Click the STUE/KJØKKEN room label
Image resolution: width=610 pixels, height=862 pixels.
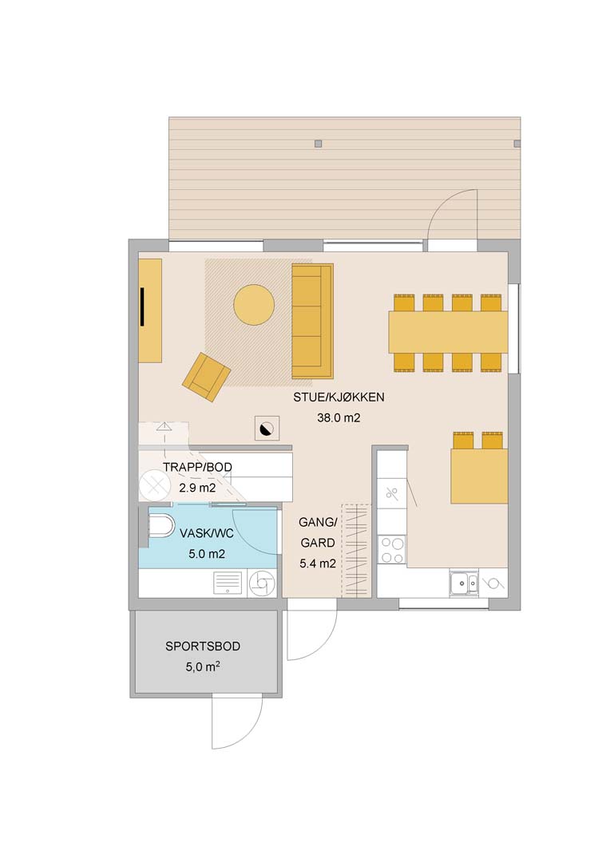pyautogui.click(x=339, y=397)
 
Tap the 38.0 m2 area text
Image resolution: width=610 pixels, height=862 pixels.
pyautogui.click(x=339, y=417)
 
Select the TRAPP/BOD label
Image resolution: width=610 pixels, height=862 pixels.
pyautogui.click(x=197, y=467)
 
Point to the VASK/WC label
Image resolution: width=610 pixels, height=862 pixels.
pyautogui.click(x=207, y=533)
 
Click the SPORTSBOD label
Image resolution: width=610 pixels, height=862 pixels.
pyautogui.click(x=203, y=646)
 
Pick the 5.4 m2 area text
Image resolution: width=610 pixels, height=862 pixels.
pyautogui.click(x=318, y=563)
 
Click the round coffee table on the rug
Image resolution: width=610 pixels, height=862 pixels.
pyautogui.click(x=254, y=305)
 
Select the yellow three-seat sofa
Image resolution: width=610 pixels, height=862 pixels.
pyautogui.click(x=312, y=322)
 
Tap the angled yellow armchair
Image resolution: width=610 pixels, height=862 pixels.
pyautogui.click(x=206, y=377)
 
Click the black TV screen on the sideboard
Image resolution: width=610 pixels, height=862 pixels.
pyautogui.click(x=142, y=306)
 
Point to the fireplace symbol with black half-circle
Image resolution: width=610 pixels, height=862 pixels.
pyautogui.click(x=267, y=429)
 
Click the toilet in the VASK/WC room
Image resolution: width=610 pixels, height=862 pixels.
pyautogui.click(x=161, y=526)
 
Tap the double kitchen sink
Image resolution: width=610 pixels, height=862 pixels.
pyautogui.click(x=464, y=583)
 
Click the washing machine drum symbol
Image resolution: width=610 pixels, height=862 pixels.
pyautogui.click(x=262, y=583)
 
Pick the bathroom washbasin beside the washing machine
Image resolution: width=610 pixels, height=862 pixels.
pyautogui.click(x=228, y=583)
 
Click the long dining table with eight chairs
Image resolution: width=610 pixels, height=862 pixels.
pyautogui.click(x=448, y=332)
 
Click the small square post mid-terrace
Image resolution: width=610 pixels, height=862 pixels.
pyautogui.click(x=318, y=144)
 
